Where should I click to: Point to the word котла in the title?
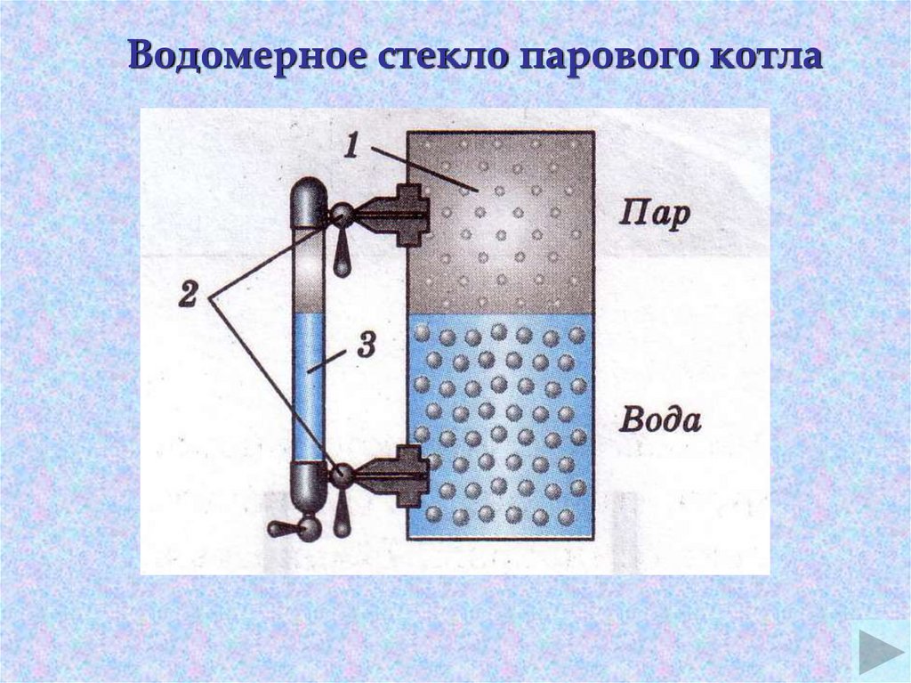click(764, 58)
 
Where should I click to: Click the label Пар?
click(653, 215)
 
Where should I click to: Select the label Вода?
click(660, 419)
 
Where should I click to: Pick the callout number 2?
click(188, 295)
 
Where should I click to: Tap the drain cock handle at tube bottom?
click(286, 528)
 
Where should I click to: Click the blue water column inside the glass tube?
click(310, 392)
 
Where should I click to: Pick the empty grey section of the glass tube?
click(310, 272)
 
